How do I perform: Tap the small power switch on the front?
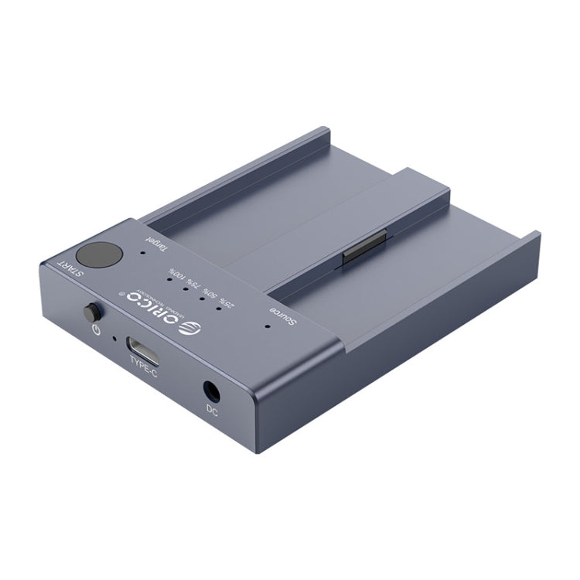(92, 314)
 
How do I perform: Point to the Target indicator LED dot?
(143, 252)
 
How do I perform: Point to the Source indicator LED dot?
(267, 326)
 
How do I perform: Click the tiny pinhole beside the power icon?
(114, 337)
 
